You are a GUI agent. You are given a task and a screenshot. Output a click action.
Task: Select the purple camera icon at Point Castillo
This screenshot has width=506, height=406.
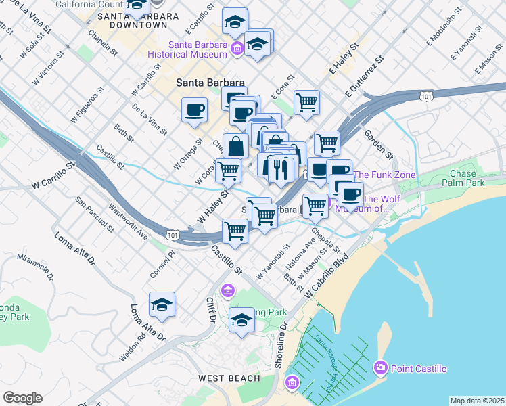[379, 367]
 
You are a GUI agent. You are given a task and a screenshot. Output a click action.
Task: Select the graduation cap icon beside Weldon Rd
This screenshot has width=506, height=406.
[162, 305]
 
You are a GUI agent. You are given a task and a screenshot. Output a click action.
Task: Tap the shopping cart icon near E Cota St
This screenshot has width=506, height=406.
[307, 102]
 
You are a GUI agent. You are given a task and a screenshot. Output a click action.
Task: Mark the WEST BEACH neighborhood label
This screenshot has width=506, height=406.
[229, 378]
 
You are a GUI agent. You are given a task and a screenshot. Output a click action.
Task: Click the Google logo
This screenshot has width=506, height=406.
[22, 398]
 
